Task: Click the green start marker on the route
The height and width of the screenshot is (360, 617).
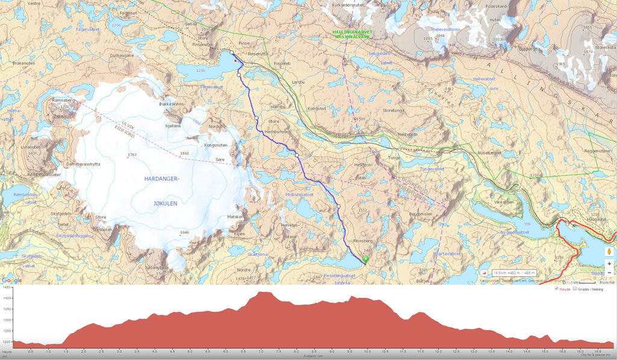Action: [365, 259]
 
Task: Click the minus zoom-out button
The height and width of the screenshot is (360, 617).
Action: [609, 273]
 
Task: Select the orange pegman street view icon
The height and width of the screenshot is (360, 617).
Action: [609, 251]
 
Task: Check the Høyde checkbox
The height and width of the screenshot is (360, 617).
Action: [557, 289]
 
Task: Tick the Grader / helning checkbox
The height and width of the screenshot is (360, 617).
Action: [574, 289]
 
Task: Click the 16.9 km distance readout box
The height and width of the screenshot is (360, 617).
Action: [514, 273]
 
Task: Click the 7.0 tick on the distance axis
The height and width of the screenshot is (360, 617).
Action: [260, 351]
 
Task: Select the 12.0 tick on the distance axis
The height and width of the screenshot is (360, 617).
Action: [437, 351]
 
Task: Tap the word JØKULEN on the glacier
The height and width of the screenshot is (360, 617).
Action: [161, 203]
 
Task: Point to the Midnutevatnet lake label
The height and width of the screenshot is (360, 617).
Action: [299, 195]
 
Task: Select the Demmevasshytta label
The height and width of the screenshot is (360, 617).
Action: [83, 164]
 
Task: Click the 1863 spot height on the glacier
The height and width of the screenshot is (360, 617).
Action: [184, 153]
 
